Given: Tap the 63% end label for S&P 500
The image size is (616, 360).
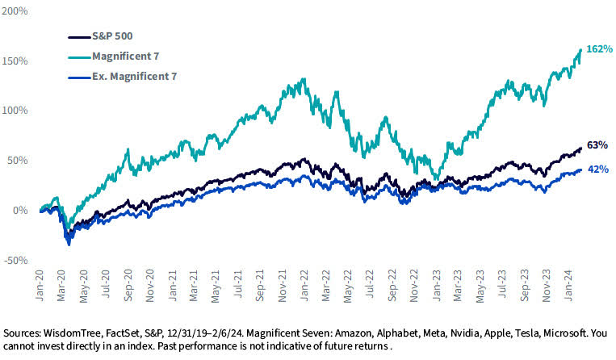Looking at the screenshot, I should click(x=597, y=145).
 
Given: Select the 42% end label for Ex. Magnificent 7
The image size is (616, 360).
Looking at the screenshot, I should click(x=597, y=169).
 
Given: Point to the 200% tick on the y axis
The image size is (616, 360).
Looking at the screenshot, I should click(x=17, y=11).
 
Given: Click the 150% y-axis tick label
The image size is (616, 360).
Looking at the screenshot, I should click(x=17, y=61).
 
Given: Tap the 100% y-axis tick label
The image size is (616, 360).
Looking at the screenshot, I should click(x=17, y=111).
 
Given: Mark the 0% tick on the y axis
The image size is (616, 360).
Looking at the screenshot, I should click(x=21, y=210).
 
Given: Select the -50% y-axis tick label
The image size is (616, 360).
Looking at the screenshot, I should click(x=17, y=260).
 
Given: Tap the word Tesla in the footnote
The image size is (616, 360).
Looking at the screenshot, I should click(x=515, y=333).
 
